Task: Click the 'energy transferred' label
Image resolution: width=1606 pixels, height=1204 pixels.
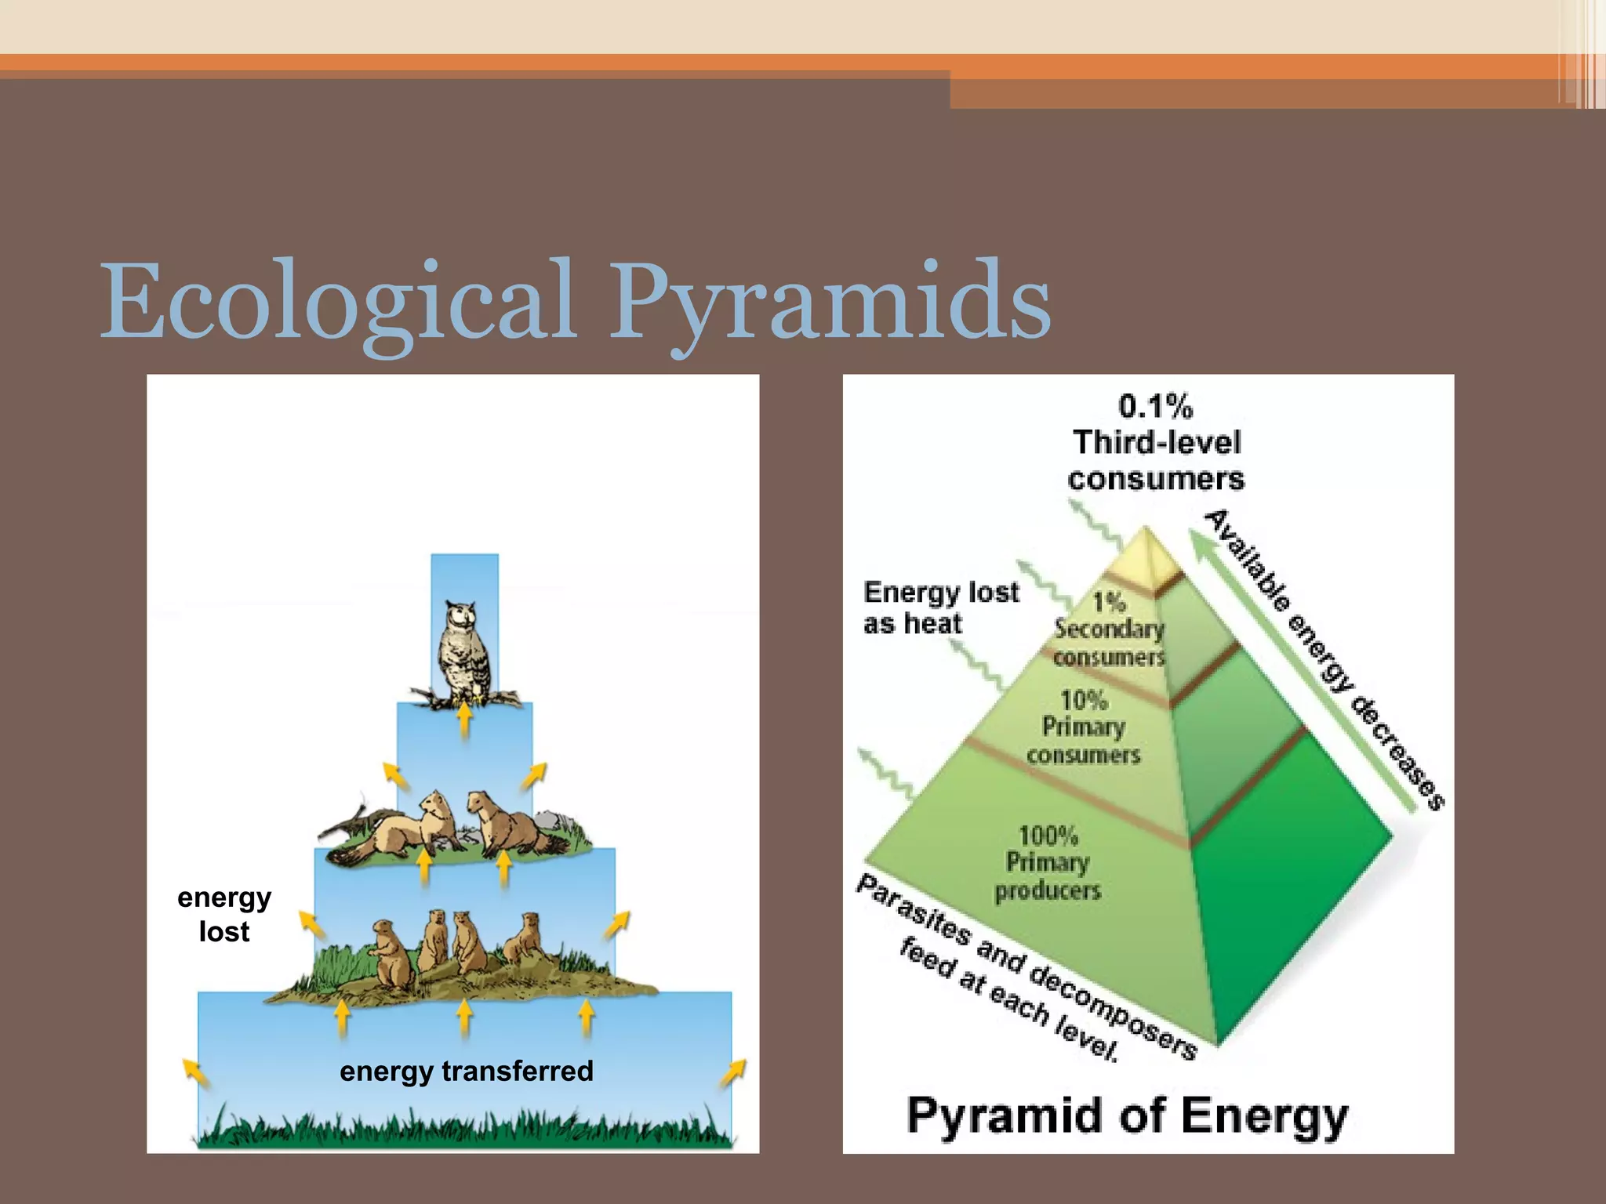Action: [467, 1071]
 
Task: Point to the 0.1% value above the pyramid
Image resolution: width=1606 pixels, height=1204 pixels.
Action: [1155, 407]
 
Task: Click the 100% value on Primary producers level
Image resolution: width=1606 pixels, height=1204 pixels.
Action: [1048, 836]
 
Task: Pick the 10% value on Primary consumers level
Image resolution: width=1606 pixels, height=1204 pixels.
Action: [1084, 700]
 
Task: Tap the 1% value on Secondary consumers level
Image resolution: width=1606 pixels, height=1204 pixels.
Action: [1110, 602]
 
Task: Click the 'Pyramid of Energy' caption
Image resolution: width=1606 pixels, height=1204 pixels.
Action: [1127, 1115]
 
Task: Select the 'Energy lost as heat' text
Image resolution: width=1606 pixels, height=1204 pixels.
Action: [941, 607]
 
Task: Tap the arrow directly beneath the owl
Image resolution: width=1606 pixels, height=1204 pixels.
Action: [464, 720]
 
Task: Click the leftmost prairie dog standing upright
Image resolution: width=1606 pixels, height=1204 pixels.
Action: [391, 955]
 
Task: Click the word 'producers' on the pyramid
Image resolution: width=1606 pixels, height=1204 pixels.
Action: [1048, 891]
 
